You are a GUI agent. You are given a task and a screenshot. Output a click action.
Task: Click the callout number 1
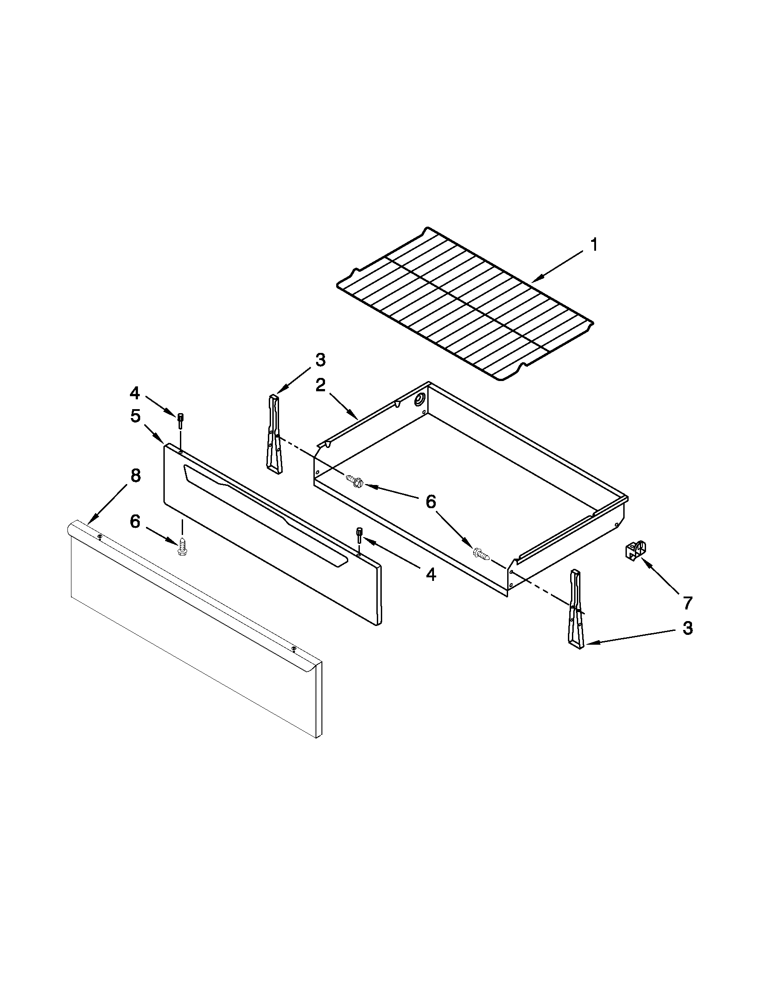[x=594, y=245]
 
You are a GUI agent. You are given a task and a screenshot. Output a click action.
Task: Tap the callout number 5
[x=135, y=416]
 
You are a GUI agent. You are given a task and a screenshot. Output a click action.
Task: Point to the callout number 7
[x=687, y=603]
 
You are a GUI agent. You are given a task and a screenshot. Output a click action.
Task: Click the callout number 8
[x=135, y=476]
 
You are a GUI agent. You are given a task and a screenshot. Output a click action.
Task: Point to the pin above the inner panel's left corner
[x=180, y=420]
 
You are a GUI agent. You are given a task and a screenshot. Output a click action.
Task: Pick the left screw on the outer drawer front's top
[x=100, y=536]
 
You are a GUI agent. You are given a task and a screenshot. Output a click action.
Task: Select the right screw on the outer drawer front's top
[x=294, y=648]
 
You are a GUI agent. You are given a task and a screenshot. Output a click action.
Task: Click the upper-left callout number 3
[x=320, y=360]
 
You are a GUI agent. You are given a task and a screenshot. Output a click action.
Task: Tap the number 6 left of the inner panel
[x=135, y=522]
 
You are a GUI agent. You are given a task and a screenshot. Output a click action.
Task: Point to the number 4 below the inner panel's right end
[x=430, y=575]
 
